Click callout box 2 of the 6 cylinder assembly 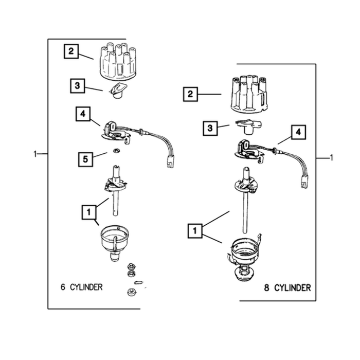point(71,51)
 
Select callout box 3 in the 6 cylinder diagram point(77,86)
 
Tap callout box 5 point(85,159)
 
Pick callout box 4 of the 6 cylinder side point(83,114)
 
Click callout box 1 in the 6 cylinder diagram point(89,212)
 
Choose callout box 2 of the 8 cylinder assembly point(190,94)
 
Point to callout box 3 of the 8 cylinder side point(210,128)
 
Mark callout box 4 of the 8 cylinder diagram point(298,132)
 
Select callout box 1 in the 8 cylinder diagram point(195,230)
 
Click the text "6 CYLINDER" point(81,287)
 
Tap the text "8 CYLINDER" point(287,287)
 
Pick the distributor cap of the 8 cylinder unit point(248,94)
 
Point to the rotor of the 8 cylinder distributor point(248,127)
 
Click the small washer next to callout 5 point(116,151)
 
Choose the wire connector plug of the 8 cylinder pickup point(305,182)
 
